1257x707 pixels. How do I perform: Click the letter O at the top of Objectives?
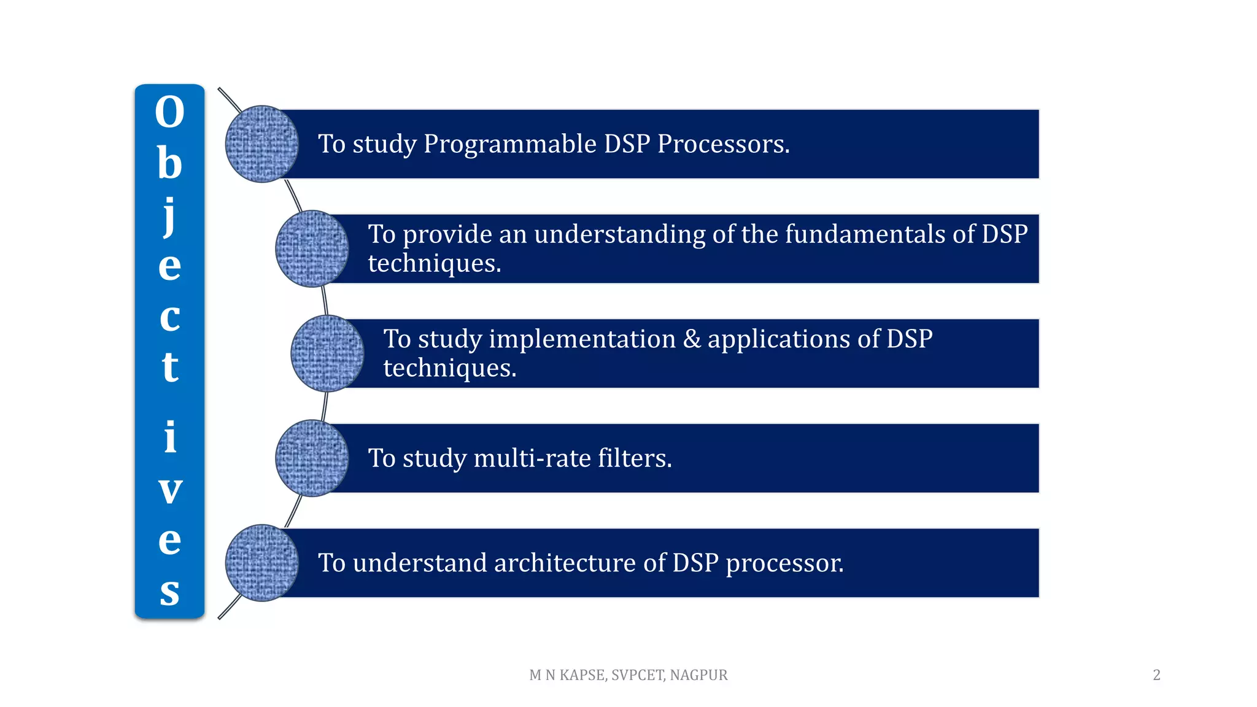(x=169, y=112)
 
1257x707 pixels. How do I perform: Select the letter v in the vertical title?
(x=170, y=490)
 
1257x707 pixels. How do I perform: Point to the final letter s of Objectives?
(x=169, y=592)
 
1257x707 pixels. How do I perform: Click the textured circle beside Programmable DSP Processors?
(x=261, y=144)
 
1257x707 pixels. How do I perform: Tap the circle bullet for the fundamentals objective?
(x=312, y=249)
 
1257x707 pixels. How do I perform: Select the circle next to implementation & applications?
(x=327, y=353)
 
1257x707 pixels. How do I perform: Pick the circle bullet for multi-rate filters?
(x=312, y=458)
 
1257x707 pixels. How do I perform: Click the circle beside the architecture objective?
(x=261, y=563)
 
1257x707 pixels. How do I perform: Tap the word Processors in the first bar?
(x=723, y=144)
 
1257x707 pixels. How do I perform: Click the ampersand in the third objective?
(x=692, y=339)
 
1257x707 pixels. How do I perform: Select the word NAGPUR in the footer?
(x=698, y=675)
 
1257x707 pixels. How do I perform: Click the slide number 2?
(x=1156, y=675)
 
